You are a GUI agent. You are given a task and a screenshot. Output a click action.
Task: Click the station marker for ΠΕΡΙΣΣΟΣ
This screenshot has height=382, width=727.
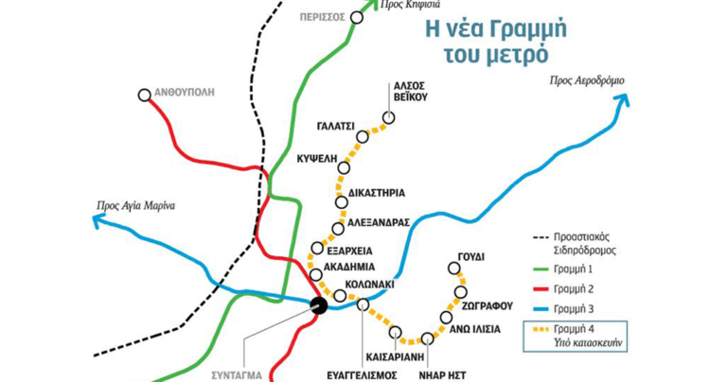tap(357, 17)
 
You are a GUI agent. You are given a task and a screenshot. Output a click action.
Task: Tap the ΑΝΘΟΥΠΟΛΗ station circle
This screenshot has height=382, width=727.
tap(144, 95)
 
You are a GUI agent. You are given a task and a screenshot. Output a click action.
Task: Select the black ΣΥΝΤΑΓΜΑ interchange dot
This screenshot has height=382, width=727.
tap(319, 304)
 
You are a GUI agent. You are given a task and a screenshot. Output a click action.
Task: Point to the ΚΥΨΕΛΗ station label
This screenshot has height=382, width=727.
tap(316, 160)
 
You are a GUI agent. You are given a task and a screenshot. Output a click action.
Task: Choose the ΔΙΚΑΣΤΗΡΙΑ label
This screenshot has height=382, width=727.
tap(378, 193)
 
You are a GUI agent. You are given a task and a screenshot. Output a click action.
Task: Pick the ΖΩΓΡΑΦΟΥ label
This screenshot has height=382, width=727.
tap(488, 306)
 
